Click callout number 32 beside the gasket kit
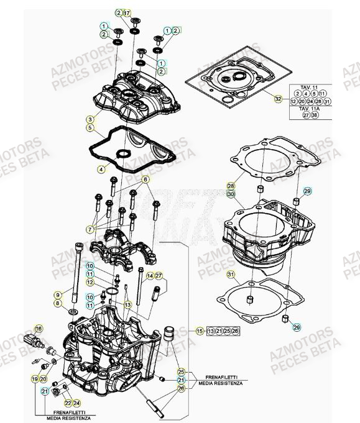[278, 99]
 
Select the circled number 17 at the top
[127, 12]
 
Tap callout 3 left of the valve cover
[90, 119]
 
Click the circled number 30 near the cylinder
[231, 194]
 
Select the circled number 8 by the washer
[57, 303]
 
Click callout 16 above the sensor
[39, 329]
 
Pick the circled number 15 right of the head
[200, 331]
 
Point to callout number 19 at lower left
[35, 378]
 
